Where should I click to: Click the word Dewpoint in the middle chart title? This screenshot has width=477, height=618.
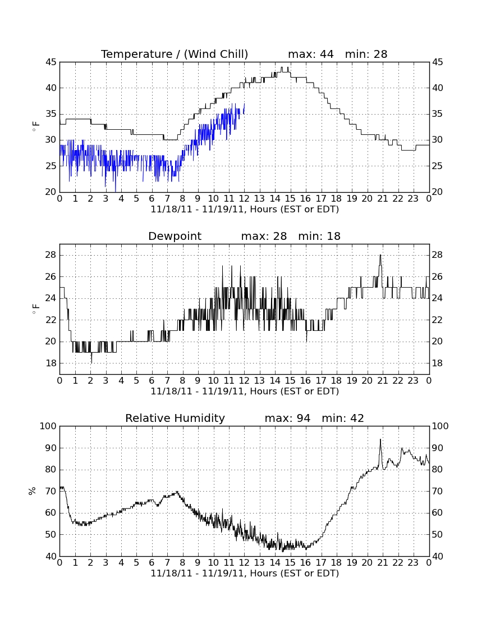[175, 236]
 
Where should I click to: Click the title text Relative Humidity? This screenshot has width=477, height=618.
[175, 418]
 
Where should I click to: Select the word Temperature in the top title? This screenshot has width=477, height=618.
[136, 54]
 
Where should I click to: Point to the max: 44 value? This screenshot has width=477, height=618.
[311, 54]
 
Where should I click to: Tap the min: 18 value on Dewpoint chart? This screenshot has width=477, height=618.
[319, 236]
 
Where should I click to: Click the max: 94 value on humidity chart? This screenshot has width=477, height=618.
[288, 418]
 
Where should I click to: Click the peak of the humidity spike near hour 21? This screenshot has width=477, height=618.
[380, 439]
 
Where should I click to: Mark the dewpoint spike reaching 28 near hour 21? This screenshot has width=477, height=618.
[380, 256]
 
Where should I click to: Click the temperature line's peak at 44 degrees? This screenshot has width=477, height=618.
[282, 67]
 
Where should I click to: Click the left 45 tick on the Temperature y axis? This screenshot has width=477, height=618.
[51, 62]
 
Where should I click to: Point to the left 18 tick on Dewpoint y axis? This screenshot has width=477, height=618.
[51, 363]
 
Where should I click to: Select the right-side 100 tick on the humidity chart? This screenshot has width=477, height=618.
[441, 426]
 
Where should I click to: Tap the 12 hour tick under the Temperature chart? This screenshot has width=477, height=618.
[244, 199]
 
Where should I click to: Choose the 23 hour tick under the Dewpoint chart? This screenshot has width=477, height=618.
[413, 381]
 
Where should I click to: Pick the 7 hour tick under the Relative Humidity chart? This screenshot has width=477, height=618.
[167, 562]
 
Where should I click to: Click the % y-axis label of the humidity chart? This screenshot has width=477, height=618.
[32, 490]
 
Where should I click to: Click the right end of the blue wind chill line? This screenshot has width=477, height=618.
[245, 104]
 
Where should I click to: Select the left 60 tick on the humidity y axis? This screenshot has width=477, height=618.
[51, 513]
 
